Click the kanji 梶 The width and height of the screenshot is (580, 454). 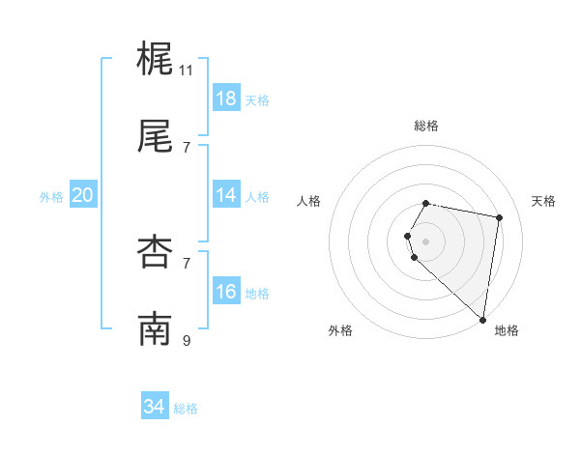tap(155, 59)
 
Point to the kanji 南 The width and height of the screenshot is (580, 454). tap(155, 329)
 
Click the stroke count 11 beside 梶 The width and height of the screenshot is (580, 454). tap(187, 71)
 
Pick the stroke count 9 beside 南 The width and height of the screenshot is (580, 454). tap(187, 340)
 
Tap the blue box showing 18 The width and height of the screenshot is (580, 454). tap(225, 99)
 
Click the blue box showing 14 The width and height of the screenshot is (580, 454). tap(225, 195)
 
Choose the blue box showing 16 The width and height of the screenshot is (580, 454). tap(225, 292)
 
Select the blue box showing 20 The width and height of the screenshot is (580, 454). tap(82, 195)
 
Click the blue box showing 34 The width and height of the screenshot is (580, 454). tap(154, 407)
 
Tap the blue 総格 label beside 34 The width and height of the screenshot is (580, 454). tap(186, 409)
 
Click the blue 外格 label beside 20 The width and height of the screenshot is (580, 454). tap(51, 197)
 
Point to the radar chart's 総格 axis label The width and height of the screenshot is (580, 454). tap(426, 126)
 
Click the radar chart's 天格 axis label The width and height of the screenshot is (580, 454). tap(544, 201)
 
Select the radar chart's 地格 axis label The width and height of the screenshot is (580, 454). tap(507, 330)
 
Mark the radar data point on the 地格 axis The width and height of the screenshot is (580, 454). tap(482, 319)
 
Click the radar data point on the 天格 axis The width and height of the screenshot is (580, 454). tap(499, 218)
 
